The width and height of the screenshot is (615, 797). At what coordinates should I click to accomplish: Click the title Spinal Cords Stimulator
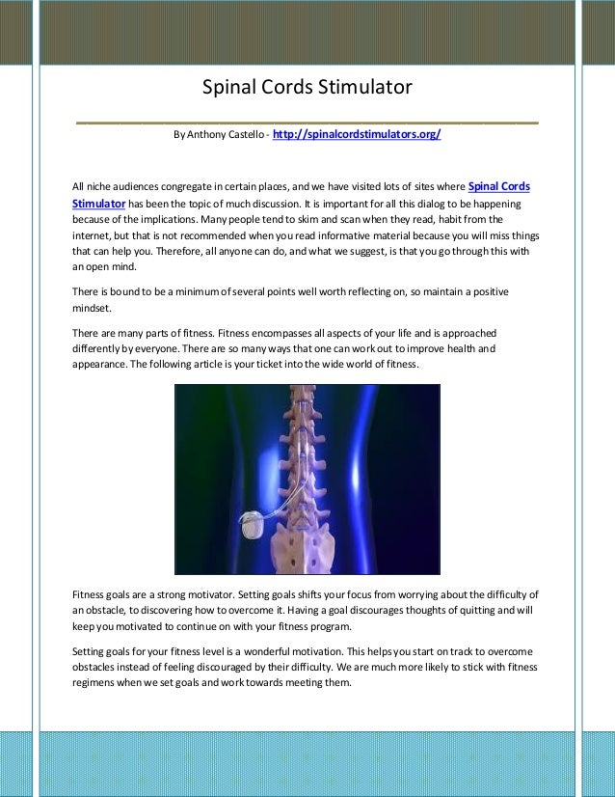point(307,88)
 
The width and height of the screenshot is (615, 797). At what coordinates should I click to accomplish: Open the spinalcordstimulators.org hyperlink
point(357,135)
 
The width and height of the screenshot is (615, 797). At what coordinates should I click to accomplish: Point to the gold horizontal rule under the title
point(307,124)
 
